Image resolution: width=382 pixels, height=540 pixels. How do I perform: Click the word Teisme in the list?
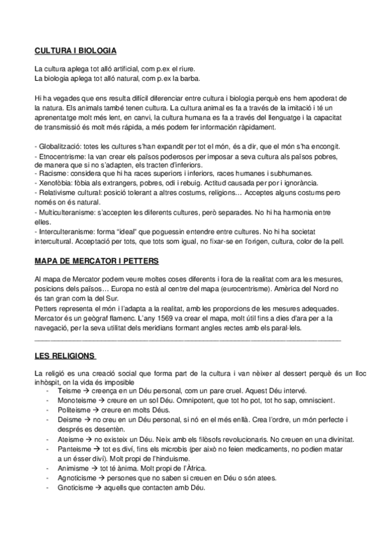[69, 391]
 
